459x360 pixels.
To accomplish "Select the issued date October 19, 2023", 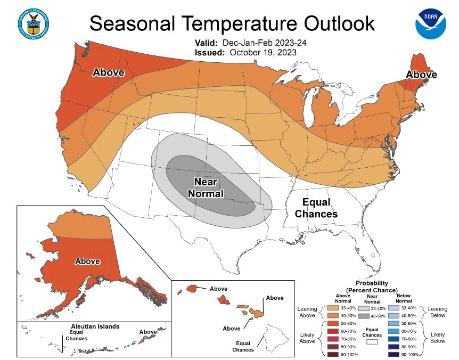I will click(x=263, y=53).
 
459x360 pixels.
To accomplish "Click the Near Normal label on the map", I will click(x=206, y=188).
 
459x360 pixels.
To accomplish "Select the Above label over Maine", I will click(x=422, y=75).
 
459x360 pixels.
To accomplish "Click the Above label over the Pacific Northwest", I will click(x=109, y=72).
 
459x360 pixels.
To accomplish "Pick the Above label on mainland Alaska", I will click(x=87, y=261).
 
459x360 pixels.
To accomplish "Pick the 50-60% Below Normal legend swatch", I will click(x=394, y=324).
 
